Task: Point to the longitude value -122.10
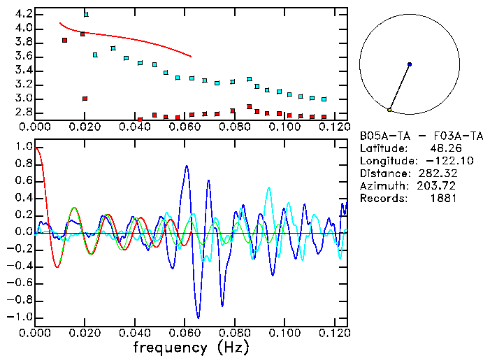[x=439, y=161]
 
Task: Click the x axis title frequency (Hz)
[x=190, y=348]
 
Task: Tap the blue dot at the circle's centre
[x=409, y=64]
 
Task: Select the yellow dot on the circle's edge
[x=389, y=110]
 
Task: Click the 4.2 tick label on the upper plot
[x=23, y=14]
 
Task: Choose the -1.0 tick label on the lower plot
[x=20, y=317]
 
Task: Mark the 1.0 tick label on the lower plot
[x=23, y=147]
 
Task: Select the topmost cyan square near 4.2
[x=86, y=14]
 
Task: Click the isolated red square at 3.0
[x=85, y=99]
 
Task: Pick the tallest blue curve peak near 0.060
[x=186, y=166]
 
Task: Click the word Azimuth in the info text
[x=381, y=186]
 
